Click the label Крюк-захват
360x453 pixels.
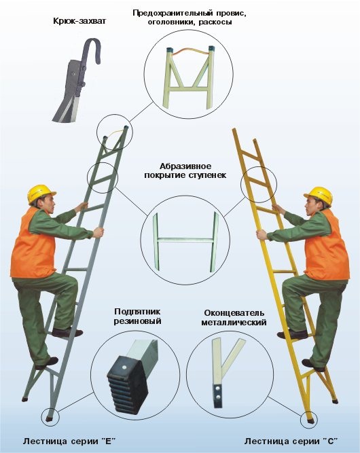[x=79, y=21]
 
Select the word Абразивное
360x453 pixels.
[x=185, y=166]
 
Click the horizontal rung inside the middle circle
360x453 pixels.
[x=185, y=240]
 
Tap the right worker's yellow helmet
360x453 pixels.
[x=319, y=195]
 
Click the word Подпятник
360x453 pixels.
[x=137, y=312]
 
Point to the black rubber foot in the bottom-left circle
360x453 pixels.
[x=126, y=384]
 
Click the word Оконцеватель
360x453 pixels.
[x=234, y=313]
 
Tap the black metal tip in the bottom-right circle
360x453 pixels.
[x=218, y=395]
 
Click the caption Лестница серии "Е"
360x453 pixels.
[x=69, y=441]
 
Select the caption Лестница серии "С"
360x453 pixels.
[x=291, y=441]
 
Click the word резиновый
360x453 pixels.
[x=137, y=321]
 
